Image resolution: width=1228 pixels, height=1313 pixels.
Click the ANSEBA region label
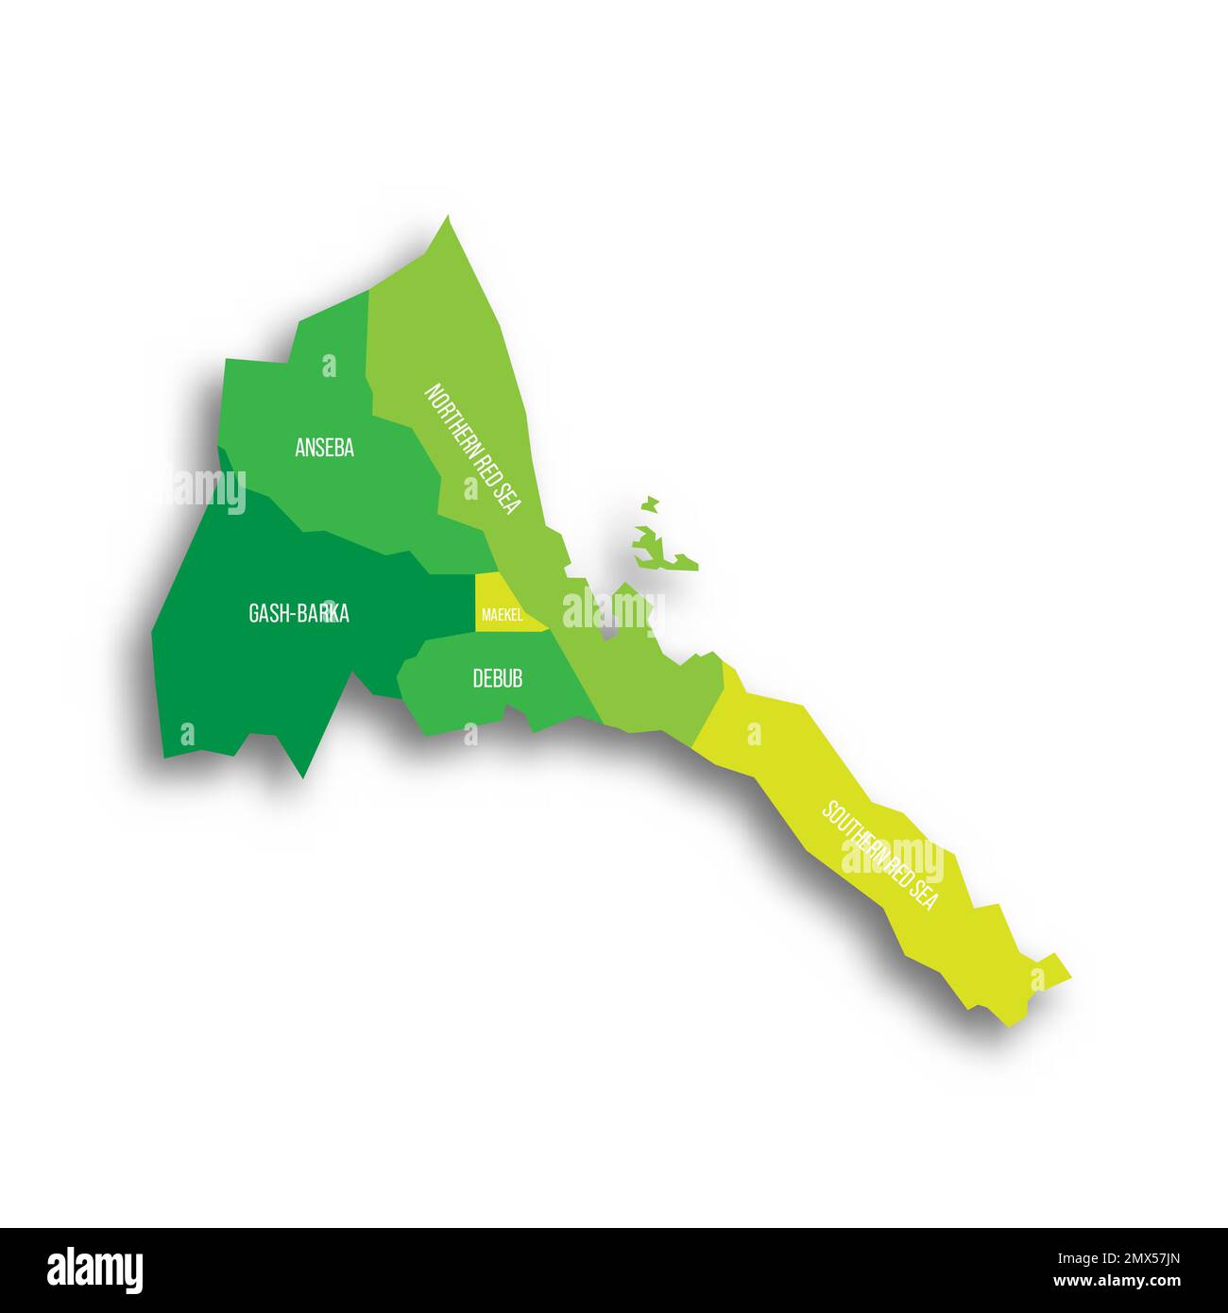tap(324, 448)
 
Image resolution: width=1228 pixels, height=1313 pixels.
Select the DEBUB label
tap(497, 678)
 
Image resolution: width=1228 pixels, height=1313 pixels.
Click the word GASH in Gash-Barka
tap(267, 614)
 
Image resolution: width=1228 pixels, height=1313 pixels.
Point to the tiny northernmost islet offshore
tap(649, 504)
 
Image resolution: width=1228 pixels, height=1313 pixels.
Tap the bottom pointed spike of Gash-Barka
tap(302, 775)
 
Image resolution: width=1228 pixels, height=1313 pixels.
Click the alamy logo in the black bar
tap(94, 1270)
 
